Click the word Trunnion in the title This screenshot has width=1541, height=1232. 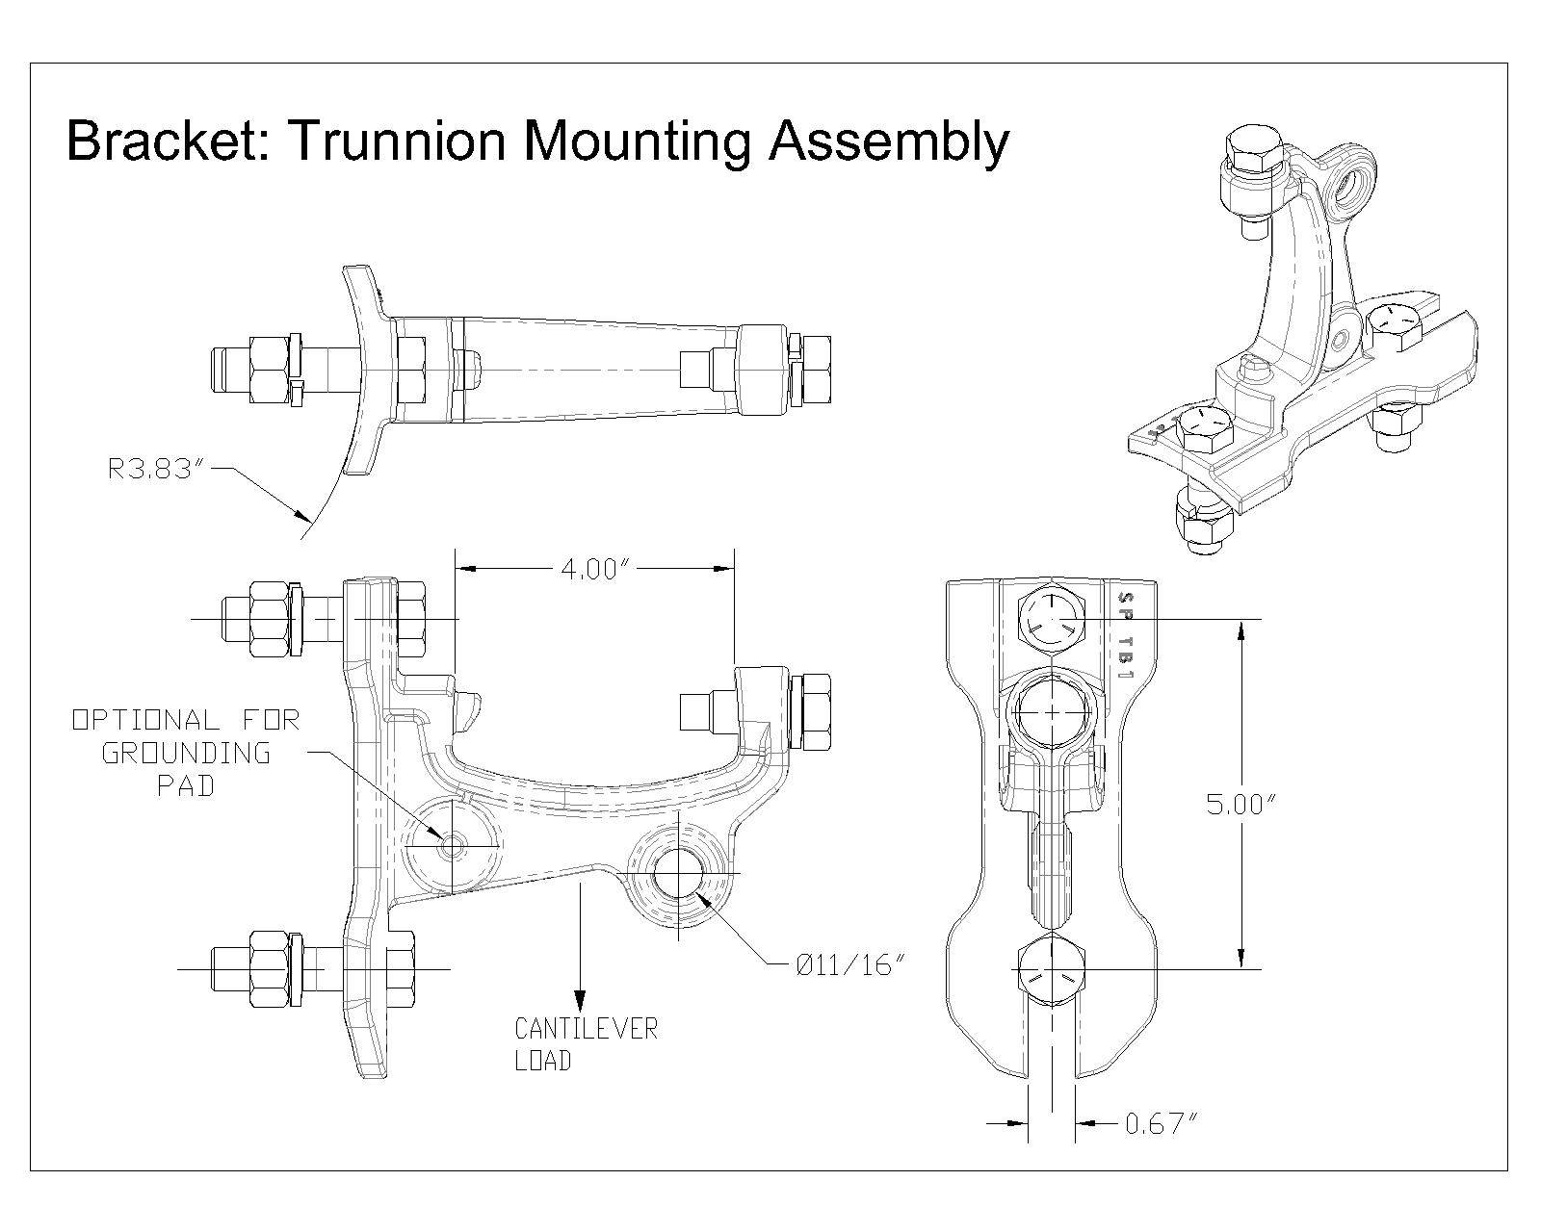click(x=395, y=141)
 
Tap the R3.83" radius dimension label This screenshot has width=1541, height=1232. click(x=158, y=471)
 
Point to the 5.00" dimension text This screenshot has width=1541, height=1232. click(x=1241, y=804)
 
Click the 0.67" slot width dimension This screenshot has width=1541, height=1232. click(x=1161, y=1123)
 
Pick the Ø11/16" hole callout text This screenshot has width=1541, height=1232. click(x=851, y=964)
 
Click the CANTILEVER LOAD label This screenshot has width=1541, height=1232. click(x=586, y=1044)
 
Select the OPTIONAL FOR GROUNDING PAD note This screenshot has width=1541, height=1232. click(x=187, y=752)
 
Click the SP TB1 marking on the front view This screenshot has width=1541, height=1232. click(x=1123, y=636)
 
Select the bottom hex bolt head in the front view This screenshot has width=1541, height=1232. click(x=1051, y=968)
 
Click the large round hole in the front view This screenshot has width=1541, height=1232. click(x=1052, y=710)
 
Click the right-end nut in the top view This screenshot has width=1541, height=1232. click(x=815, y=369)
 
